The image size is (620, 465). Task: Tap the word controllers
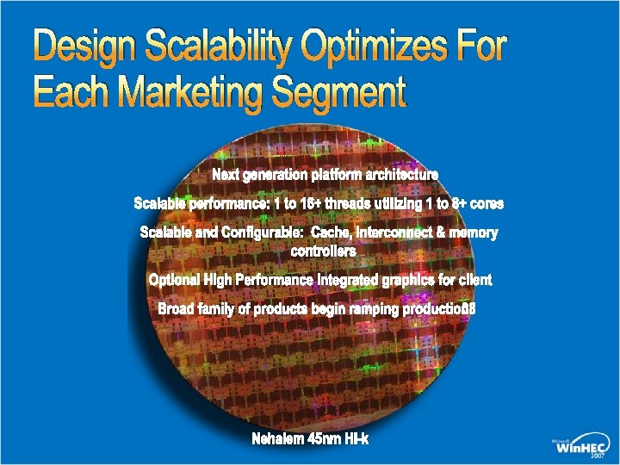(x=323, y=251)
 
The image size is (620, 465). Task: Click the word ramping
(x=375, y=309)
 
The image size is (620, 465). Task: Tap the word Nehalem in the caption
(x=277, y=439)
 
